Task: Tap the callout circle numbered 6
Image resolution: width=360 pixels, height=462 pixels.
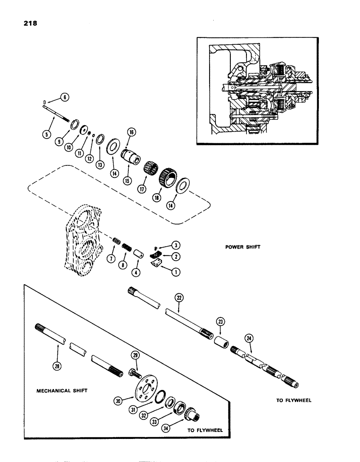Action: pyautogui.click(x=64, y=97)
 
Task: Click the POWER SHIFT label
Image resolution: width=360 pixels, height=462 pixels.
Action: pyautogui.click(x=242, y=247)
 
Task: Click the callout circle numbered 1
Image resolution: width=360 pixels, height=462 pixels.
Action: pyautogui.click(x=175, y=272)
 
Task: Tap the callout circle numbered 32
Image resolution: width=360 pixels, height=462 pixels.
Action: pyautogui.click(x=149, y=414)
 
